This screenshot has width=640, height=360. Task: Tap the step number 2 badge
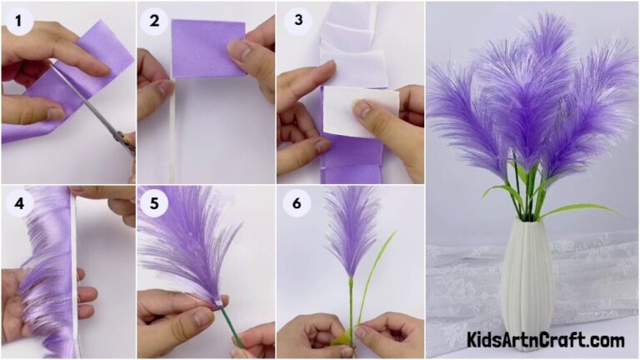(154, 18)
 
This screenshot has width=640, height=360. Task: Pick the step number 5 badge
(154, 203)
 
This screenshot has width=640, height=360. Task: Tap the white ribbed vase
(527, 283)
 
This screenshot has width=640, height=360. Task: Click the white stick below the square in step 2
(172, 133)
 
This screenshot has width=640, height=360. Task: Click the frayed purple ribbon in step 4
(46, 275)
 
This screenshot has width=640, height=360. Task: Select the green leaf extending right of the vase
(583, 209)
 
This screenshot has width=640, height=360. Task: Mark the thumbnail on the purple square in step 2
(241, 50)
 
